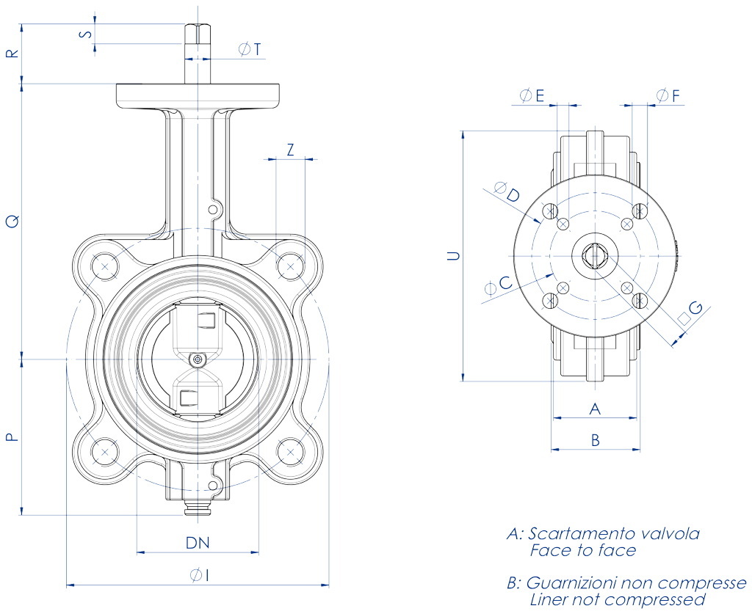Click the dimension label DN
point(198,543)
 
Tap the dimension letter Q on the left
point(11,220)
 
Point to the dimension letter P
point(11,437)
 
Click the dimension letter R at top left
point(11,54)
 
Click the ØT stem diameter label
point(250,49)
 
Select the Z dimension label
point(291,150)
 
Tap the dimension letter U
point(454,256)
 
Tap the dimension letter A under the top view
point(596,408)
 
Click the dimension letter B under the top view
point(596,440)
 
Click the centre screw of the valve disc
point(198,359)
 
